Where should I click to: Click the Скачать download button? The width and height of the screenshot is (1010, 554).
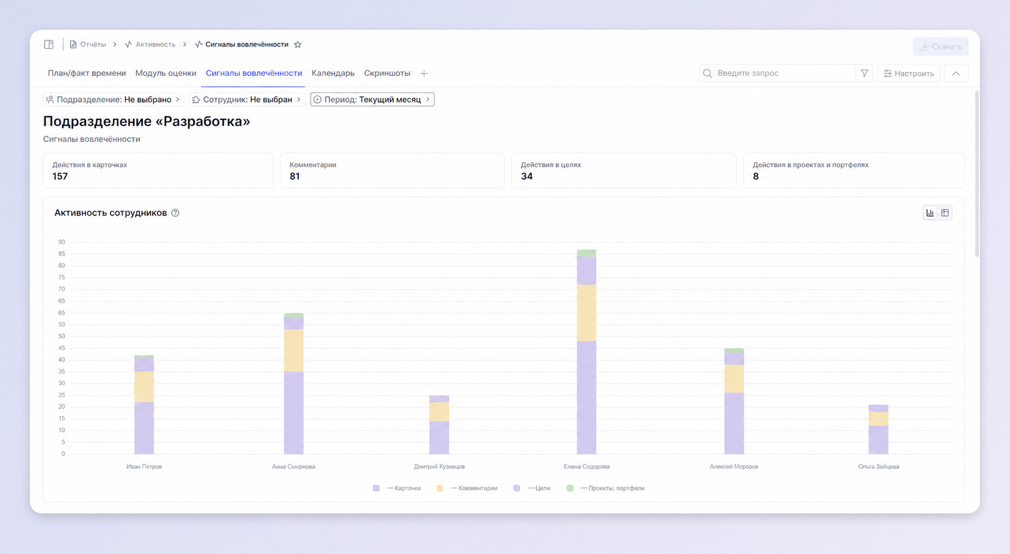coord(941,47)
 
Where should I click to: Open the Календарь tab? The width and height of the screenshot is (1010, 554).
coord(332,73)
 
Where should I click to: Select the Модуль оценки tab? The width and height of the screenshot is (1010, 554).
coord(165,73)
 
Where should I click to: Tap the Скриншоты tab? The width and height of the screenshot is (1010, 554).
coord(387,73)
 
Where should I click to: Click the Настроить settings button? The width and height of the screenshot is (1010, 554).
coord(909,73)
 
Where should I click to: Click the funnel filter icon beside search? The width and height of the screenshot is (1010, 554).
coord(864,73)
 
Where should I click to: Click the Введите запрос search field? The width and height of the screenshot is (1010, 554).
coord(777,73)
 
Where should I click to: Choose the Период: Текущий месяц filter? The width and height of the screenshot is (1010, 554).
coord(372,100)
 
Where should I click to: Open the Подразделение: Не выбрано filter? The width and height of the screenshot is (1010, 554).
coord(113,100)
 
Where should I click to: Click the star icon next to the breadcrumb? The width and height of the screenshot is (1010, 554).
coord(298,45)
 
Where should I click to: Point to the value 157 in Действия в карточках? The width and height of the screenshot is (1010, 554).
coord(60,176)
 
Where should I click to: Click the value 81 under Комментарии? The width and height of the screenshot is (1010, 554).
coord(294,176)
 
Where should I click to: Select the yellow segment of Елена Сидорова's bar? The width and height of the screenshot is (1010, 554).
coord(586,312)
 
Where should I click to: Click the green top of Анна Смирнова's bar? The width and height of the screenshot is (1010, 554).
coord(294,315)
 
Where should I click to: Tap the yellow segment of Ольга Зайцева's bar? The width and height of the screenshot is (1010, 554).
coord(878,419)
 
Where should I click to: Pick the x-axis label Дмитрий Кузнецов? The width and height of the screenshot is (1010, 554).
coord(439,466)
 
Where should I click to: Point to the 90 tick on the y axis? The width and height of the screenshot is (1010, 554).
coord(61,242)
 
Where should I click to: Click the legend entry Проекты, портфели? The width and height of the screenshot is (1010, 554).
coord(605,488)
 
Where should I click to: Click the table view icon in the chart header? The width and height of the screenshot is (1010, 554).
coord(945,212)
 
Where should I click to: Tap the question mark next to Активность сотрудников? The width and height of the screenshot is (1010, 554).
coord(175,213)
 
